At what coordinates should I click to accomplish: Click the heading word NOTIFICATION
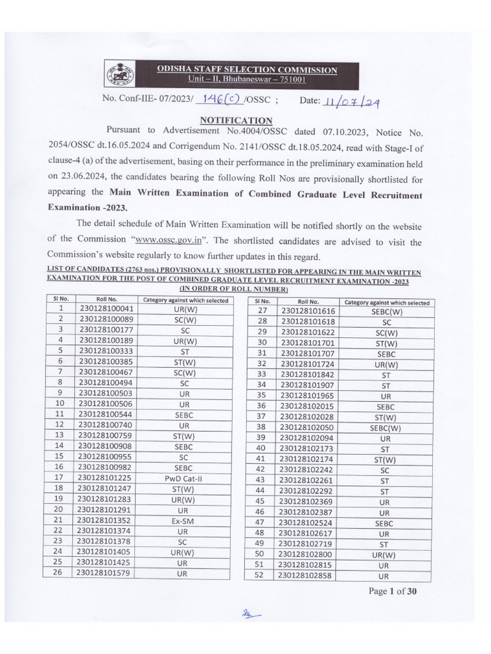236,120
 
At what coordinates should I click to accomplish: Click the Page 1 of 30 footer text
393,591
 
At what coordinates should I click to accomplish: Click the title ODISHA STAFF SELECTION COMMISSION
249,70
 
